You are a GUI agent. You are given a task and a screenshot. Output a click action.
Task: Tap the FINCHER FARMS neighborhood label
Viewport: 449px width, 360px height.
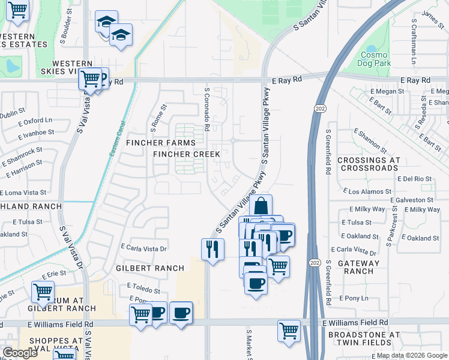(x=160, y=143)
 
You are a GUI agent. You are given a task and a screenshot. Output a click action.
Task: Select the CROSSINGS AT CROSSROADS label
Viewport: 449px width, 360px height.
(x=368, y=164)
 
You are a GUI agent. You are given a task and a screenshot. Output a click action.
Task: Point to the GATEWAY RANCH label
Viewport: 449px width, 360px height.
(x=359, y=267)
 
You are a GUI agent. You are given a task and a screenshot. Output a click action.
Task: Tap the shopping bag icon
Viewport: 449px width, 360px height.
(x=261, y=206)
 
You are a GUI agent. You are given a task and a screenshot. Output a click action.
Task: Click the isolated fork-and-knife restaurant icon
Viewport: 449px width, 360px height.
(x=212, y=249)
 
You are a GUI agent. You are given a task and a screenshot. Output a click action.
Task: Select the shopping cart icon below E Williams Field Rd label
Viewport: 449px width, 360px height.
(x=289, y=331)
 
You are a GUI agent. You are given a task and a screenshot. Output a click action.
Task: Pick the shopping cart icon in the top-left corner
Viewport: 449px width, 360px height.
(x=17, y=10)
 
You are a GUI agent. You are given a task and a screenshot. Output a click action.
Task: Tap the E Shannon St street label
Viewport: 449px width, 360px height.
(x=370, y=139)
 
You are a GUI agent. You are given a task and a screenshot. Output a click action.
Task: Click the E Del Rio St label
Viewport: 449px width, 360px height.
(x=414, y=179)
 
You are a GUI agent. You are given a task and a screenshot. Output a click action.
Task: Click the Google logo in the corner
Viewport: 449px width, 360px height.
(x=20, y=353)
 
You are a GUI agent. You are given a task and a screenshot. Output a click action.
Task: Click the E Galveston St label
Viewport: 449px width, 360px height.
(x=411, y=200)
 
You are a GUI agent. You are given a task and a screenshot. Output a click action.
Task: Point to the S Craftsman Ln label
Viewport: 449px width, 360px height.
(x=414, y=42)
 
